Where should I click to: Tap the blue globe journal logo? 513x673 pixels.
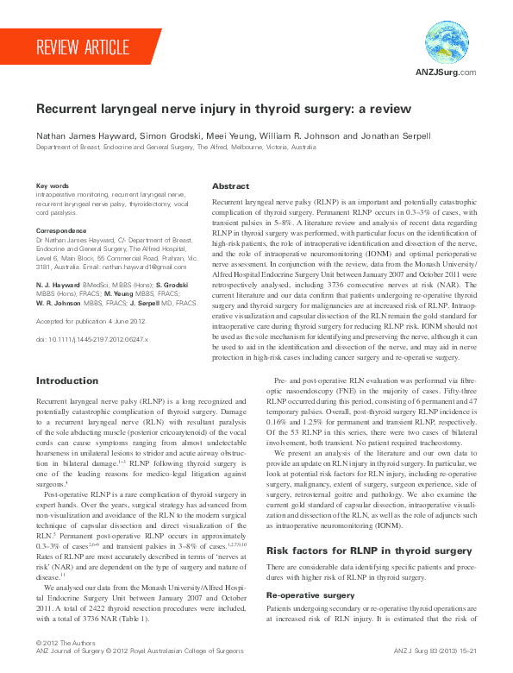[x=447, y=42]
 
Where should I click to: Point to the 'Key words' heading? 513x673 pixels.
[x=53, y=186]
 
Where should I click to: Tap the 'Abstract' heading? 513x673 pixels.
[x=230, y=186]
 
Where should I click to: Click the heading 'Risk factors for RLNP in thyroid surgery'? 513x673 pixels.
[x=353, y=550]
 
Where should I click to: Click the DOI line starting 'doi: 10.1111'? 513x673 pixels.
[x=92, y=340]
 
